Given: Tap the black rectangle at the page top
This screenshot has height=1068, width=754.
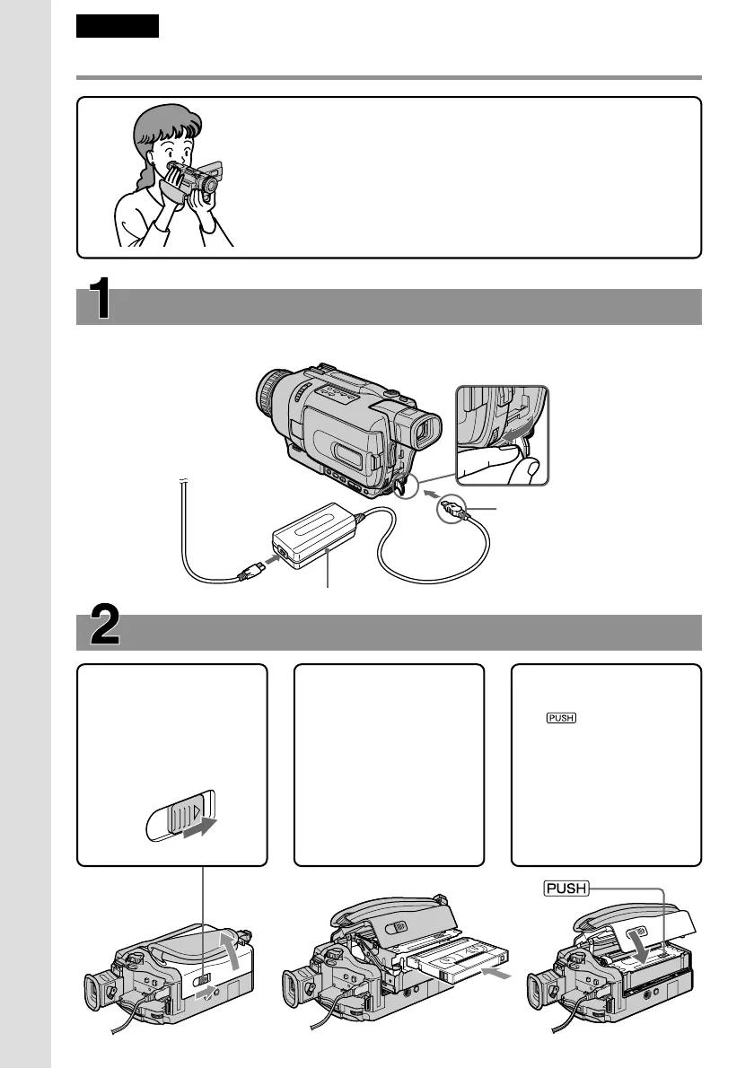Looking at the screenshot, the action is [118, 26].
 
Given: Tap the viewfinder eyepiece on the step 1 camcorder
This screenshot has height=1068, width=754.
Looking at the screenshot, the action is [426, 433].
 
